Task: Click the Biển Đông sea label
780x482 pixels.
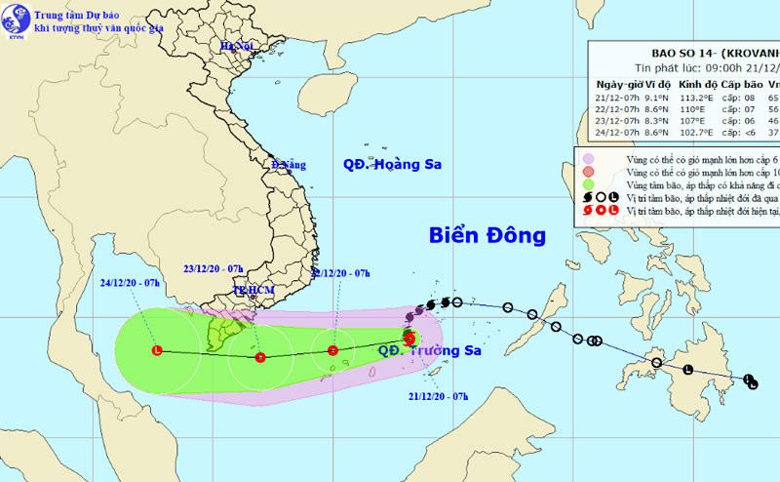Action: (x=487, y=235)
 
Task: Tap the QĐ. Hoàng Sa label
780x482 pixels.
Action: (x=392, y=165)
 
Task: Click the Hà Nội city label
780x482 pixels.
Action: (x=236, y=47)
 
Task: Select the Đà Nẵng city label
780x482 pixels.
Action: (x=289, y=165)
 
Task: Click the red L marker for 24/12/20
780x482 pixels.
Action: (x=157, y=350)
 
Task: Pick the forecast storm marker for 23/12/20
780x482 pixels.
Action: (x=259, y=357)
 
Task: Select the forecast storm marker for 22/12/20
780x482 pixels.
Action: (x=332, y=350)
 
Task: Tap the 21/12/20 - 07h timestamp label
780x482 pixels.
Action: (x=439, y=396)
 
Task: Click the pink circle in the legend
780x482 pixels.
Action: (x=588, y=158)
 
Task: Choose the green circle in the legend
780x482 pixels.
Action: (x=588, y=184)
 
